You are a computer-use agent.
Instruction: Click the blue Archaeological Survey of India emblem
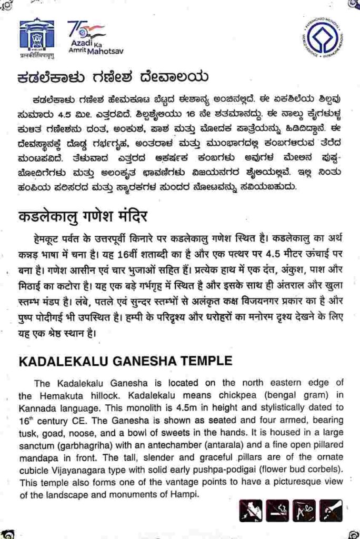coord(36,36)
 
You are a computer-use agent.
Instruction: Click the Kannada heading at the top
coord(111,77)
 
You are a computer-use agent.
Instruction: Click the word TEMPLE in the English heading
coord(203,361)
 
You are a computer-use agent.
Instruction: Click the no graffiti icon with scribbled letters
coord(304,511)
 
